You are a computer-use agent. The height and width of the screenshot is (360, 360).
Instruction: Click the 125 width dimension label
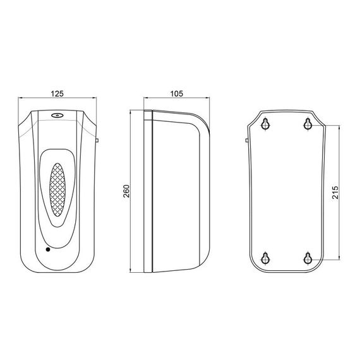point(57,93)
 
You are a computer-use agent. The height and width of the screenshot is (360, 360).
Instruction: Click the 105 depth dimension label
point(177,93)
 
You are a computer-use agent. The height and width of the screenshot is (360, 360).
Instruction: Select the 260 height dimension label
point(126,191)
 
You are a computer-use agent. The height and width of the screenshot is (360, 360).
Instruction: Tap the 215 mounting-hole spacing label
point(335,193)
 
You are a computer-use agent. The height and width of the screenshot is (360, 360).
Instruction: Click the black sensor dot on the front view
point(48,249)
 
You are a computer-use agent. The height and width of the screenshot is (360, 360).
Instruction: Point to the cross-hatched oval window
point(57,190)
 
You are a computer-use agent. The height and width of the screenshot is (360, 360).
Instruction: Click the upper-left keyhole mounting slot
point(266,124)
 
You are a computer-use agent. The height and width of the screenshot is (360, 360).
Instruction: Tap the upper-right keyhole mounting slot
point(308,124)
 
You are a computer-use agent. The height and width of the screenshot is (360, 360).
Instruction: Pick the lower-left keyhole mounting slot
point(266,258)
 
